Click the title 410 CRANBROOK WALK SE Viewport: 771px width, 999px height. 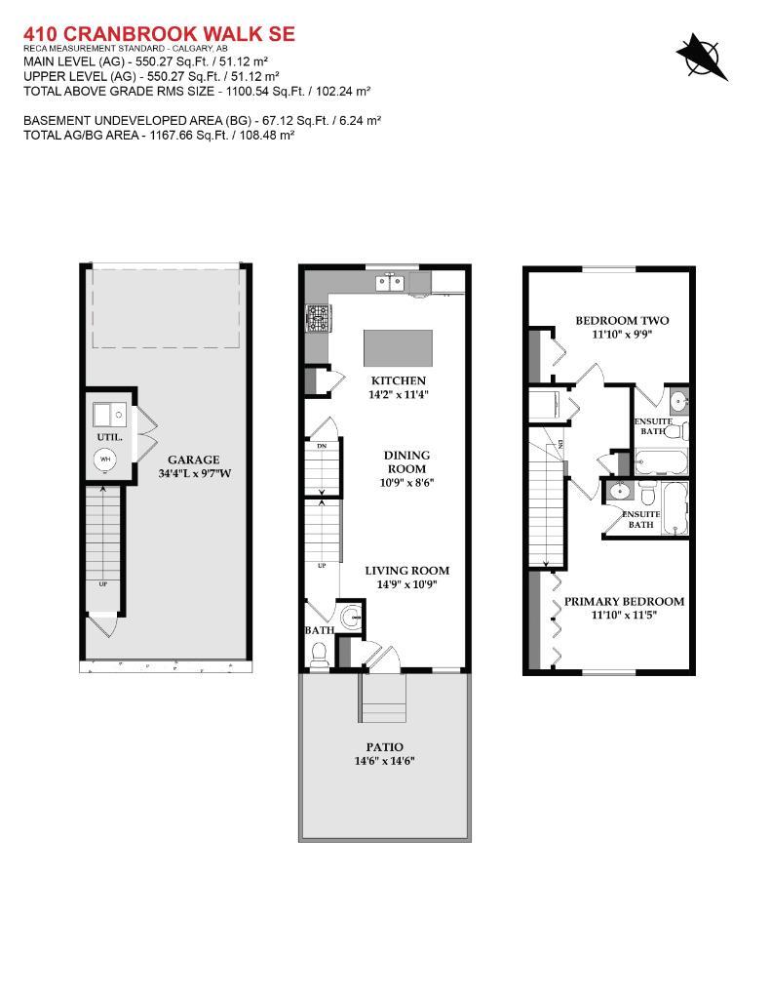tap(159, 35)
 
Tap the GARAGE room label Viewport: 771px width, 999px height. tap(193, 460)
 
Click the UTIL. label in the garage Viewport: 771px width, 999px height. tap(109, 437)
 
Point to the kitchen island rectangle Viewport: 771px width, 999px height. tap(397, 346)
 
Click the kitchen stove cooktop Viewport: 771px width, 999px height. tap(319, 318)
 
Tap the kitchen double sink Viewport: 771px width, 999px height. tap(390, 283)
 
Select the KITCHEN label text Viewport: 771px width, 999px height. tap(398, 380)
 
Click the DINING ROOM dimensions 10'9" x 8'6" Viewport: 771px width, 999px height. tap(406, 482)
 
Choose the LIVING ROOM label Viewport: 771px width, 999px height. tap(406, 571)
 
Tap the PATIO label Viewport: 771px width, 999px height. tap(385, 747)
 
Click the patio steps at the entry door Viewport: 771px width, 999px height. tap(385, 696)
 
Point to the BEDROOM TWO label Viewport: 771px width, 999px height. tap(622, 320)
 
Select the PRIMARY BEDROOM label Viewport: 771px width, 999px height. tap(624, 601)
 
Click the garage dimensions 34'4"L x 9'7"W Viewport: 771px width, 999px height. tap(193, 474)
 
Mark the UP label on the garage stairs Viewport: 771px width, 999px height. tap(102, 583)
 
